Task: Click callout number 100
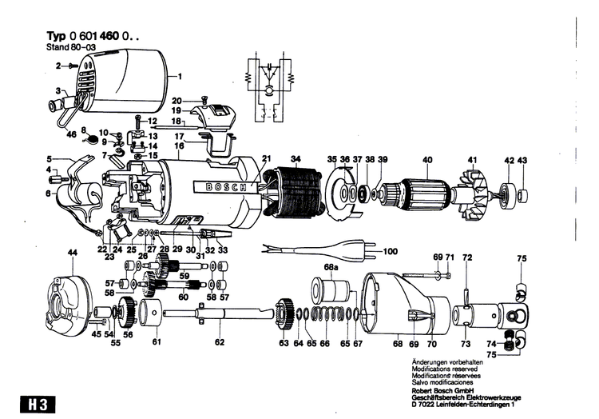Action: click(x=389, y=252)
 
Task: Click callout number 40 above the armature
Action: click(x=427, y=160)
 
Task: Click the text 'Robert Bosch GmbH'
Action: click(x=446, y=390)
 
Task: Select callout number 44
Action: click(x=73, y=253)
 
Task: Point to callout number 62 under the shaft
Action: click(x=220, y=344)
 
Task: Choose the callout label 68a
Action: click(x=330, y=266)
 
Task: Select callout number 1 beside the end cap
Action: click(x=180, y=77)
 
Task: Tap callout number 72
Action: click(x=467, y=257)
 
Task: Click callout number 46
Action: click(x=72, y=136)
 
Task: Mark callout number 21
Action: click(x=267, y=158)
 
